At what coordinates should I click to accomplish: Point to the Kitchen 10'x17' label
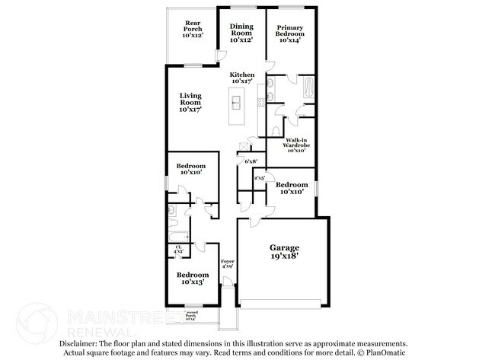click(x=242, y=78)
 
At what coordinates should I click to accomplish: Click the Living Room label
click(x=190, y=102)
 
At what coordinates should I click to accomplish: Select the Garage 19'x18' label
click(x=284, y=252)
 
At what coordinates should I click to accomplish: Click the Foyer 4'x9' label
click(x=227, y=263)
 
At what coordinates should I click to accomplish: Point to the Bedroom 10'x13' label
click(x=192, y=278)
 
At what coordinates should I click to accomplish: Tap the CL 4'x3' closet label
click(x=178, y=249)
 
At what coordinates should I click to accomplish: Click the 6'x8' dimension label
click(x=251, y=161)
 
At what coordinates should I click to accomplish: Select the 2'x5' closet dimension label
click(x=259, y=178)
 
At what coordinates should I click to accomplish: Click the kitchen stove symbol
click(x=260, y=101)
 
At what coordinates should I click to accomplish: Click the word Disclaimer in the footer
click(x=83, y=343)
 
